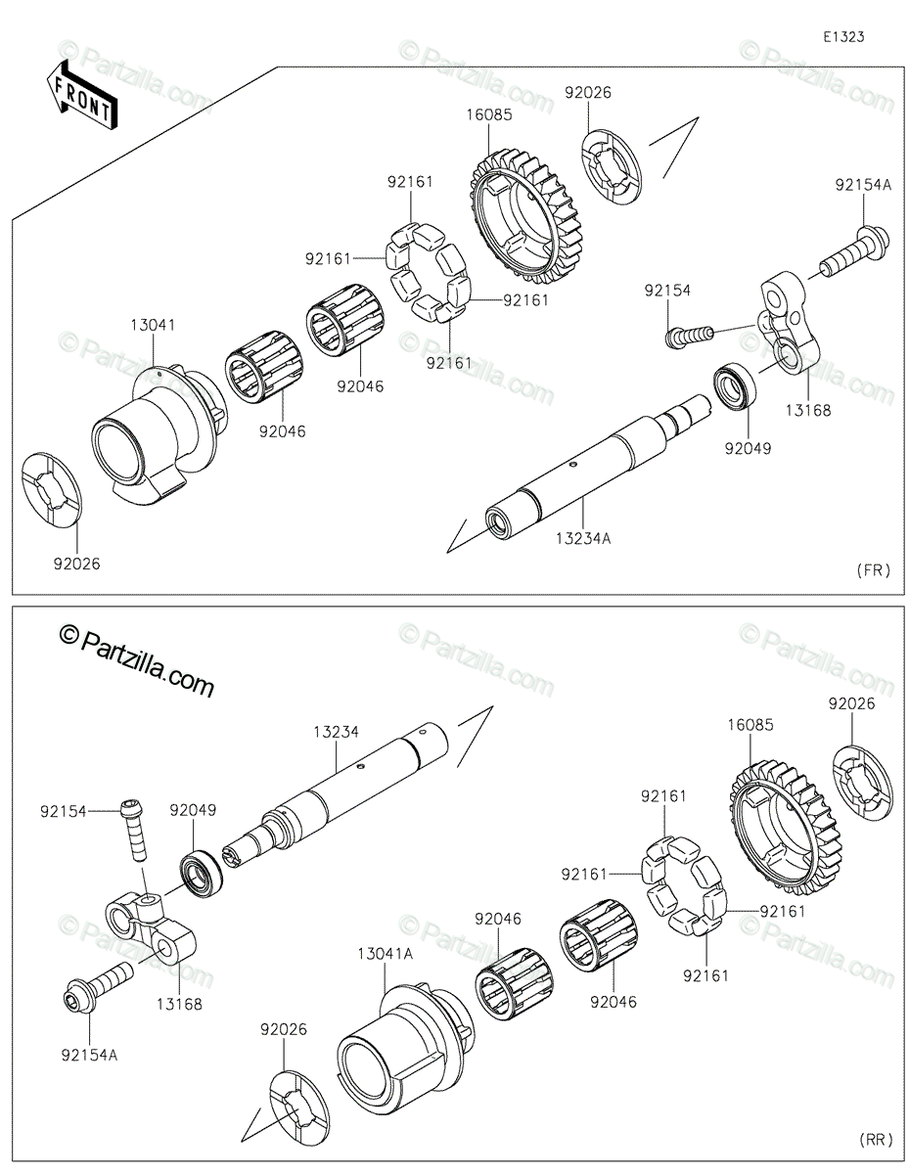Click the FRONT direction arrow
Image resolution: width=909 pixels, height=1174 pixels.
(82, 94)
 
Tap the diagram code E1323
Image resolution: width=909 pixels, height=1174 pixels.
(842, 37)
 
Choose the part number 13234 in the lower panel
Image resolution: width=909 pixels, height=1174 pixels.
(336, 731)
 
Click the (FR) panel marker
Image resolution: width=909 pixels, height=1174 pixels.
(873, 570)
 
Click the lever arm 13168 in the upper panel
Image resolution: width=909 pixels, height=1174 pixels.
(782, 324)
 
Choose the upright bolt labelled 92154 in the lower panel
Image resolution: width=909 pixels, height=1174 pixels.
(135, 832)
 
